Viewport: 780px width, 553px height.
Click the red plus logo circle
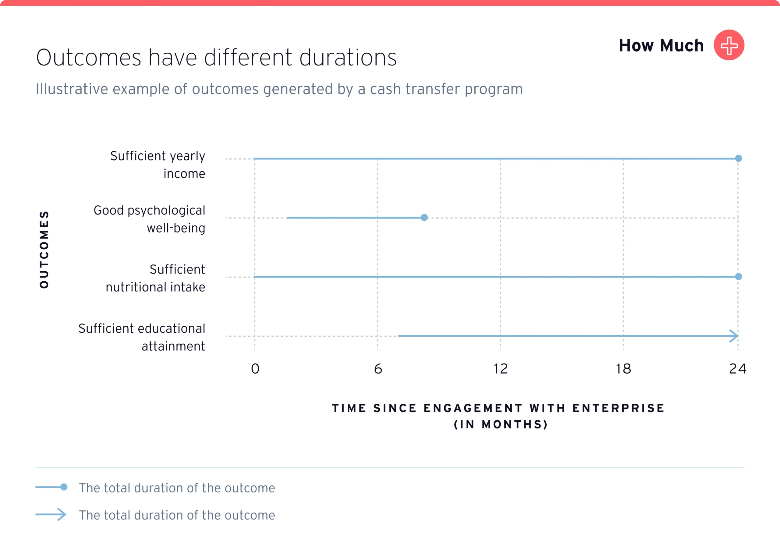(729, 45)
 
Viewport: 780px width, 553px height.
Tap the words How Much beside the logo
(661, 46)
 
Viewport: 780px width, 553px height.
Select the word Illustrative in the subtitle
(72, 89)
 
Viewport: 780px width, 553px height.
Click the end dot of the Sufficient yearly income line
(738, 158)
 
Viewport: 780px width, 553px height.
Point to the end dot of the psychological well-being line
(424, 218)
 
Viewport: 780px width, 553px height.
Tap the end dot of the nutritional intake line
(738, 277)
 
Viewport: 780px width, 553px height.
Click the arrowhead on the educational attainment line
(734, 336)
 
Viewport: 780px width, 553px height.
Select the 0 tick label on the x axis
(255, 369)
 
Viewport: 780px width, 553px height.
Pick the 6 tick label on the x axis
(378, 369)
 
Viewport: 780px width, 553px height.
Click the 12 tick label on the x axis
(501, 369)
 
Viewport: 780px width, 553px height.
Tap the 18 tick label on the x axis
(623, 369)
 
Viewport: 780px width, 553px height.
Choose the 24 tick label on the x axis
(737, 369)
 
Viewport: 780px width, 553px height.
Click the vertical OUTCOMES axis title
(44, 250)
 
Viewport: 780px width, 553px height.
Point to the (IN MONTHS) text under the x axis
(501, 424)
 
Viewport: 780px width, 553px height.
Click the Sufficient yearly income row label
(158, 165)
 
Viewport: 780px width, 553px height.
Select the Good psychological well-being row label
(150, 219)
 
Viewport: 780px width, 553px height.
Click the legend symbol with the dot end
(51, 487)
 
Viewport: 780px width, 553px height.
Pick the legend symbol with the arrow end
(51, 515)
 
